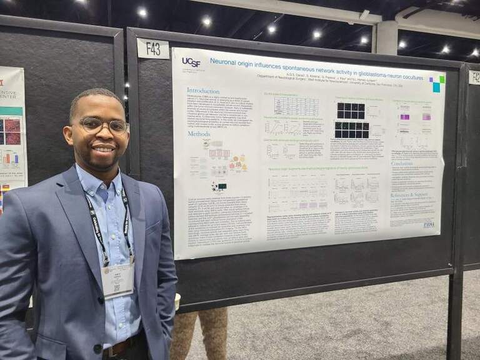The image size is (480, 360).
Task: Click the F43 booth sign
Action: pyautogui.click(x=152, y=48)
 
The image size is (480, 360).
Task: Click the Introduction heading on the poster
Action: pyautogui.click(x=203, y=91)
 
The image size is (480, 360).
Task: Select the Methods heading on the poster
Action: pyautogui.click(x=199, y=134)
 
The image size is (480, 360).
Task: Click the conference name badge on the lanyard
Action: pyautogui.click(x=117, y=279)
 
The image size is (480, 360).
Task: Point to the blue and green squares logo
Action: pyautogui.click(x=437, y=84)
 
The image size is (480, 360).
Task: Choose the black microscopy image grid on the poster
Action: pyautogui.click(x=352, y=119)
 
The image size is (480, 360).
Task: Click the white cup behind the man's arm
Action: pyautogui.click(x=177, y=301)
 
